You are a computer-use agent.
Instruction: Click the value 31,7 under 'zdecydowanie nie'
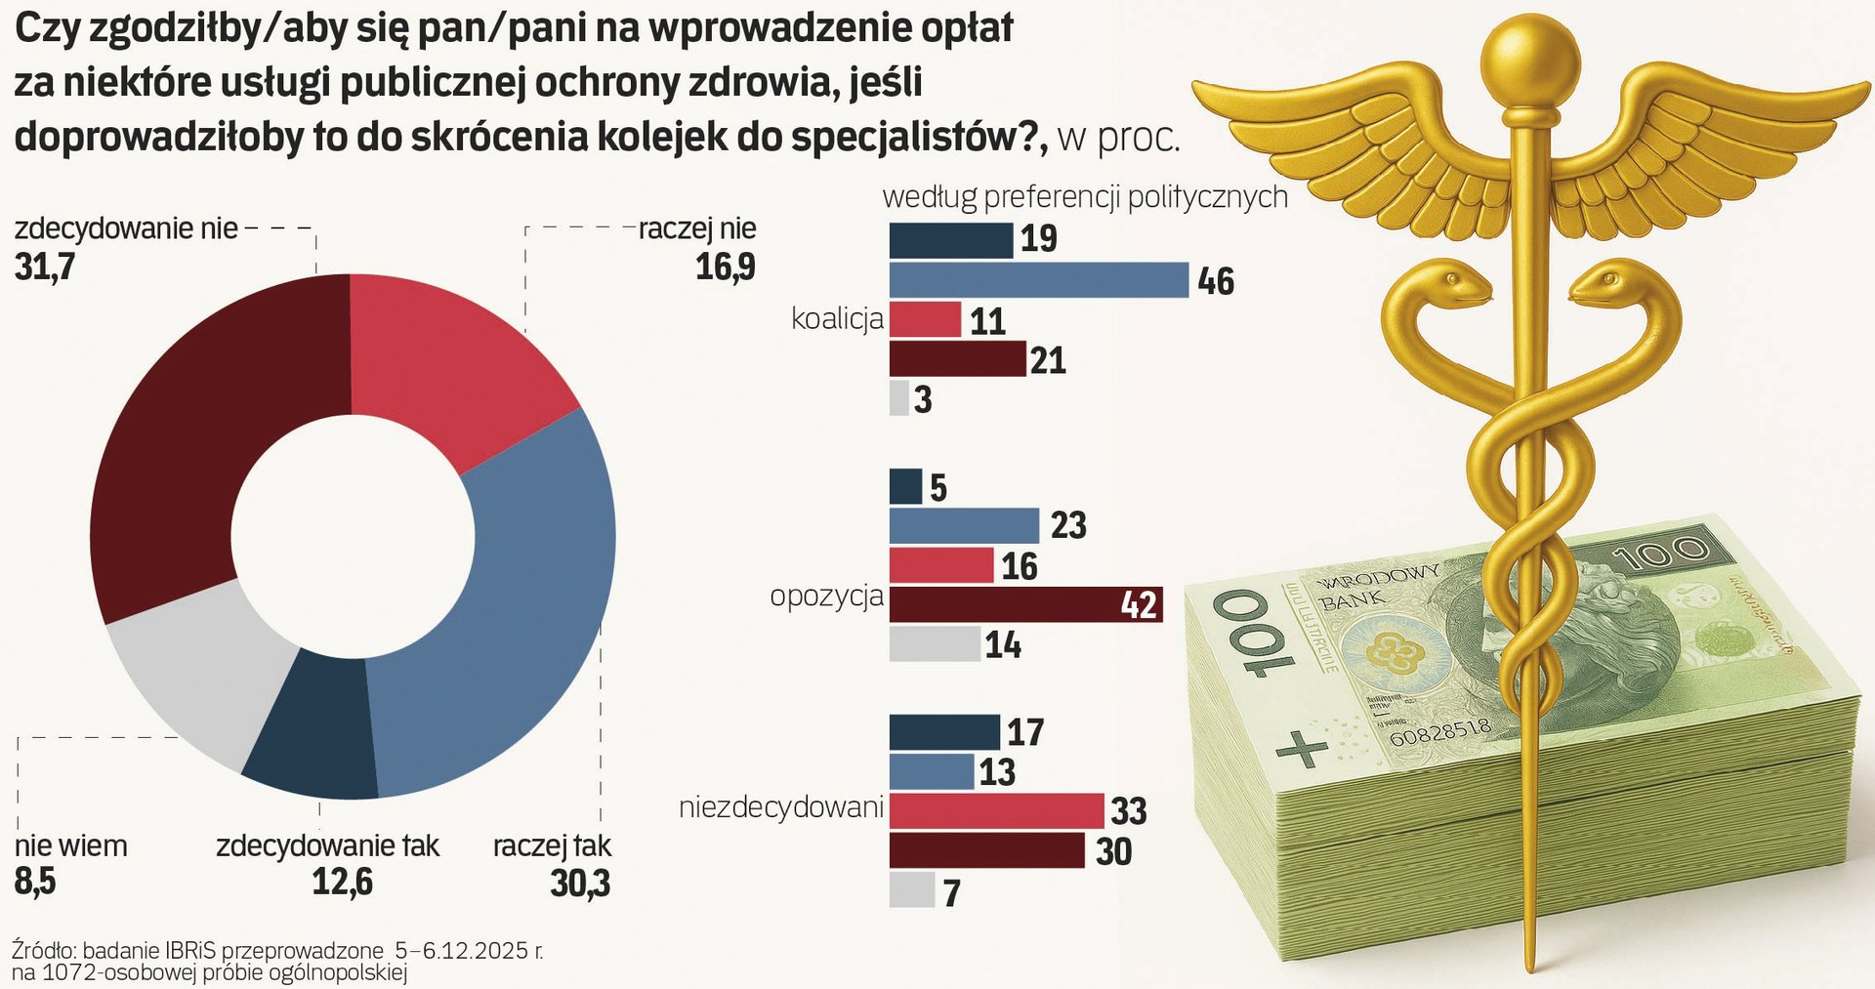[45, 267]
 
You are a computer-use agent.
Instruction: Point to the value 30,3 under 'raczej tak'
[580, 883]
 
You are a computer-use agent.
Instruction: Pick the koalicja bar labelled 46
[1038, 280]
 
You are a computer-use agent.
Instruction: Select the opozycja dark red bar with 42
[1025, 604]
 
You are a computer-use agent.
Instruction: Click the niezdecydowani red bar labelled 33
[996, 810]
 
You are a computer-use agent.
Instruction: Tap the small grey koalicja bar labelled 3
[898, 399]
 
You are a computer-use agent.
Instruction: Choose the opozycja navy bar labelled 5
[905, 486]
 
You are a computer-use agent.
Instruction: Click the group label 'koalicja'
[837, 319]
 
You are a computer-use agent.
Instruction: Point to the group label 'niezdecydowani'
[780, 808]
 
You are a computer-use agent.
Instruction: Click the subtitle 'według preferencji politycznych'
[1085, 196]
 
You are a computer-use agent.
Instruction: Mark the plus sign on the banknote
[1303, 749]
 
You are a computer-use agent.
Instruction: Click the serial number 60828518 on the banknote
[1440, 730]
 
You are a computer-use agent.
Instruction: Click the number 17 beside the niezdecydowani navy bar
[1025, 732]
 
